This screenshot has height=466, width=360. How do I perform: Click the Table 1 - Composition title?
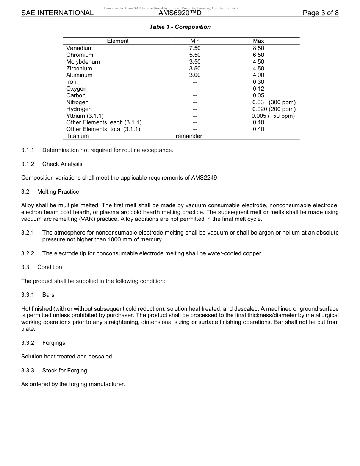pyautogui.click(x=180, y=27)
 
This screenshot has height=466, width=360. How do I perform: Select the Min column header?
pyautogui.click(x=195, y=41)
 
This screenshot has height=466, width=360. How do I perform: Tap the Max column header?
pyautogui.click(x=258, y=41)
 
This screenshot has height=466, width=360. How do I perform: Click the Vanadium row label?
pyautogui.click(x=80, y=48)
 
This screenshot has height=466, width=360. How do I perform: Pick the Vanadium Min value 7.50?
pyautogui.click(x=195, y=48)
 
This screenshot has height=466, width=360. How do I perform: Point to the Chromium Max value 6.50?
pyautogui.click(x=258, y=55)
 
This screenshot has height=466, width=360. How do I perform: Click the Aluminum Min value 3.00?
pyautogui.click(x=195, y=75)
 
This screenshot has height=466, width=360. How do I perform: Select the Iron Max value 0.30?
pyautogui.click(x=258, y=82)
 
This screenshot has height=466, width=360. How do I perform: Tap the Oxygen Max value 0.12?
pyautogui.click(x=258, y=89)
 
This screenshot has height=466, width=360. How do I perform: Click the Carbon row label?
pyautogui.click(x=76, y=95)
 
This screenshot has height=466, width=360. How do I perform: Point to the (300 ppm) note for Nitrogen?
pyautogui.click(x=282, y=102)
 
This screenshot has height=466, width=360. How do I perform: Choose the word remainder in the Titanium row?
pyautogui.click(x=189, y=136)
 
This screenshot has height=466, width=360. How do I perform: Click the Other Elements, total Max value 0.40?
pyautogui.click(x=258, y=129)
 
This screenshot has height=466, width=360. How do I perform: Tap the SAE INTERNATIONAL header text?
pyautogui.click(x=57, y=13)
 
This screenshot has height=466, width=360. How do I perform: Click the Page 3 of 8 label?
pyautogui.click(x=321, y=13)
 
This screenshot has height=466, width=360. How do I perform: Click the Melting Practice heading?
pyautogui.click(x=58, y=192)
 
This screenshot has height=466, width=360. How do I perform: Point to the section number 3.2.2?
pyautogui.click(x=28, y=253)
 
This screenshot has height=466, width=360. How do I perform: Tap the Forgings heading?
pyautogui.click(x=53, y=343)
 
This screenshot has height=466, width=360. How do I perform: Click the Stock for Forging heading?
pyautogui.click(x=64, y=371)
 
